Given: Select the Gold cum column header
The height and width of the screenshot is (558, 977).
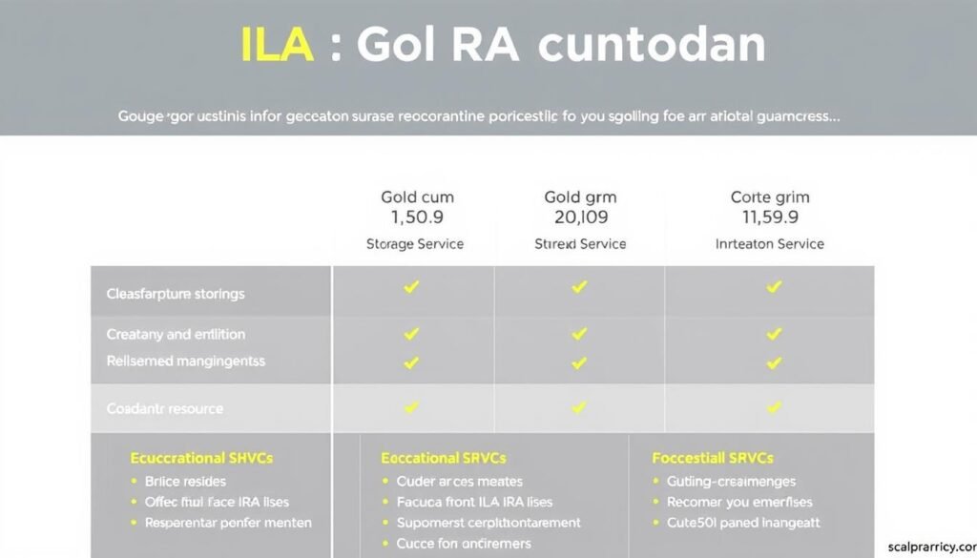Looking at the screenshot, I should pyautogui.click(x=417, y=197).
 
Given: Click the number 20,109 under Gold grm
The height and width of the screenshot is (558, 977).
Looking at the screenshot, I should pyautogui.click(x=580, y=217).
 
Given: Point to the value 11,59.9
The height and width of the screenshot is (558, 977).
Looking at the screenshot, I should pyautogui.click(x=769, y=217).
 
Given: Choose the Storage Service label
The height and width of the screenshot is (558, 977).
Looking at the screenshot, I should pyautogui.click(x=415, y=244).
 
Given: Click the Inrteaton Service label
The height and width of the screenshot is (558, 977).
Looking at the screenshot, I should pyautogui.click(x=769, y=244).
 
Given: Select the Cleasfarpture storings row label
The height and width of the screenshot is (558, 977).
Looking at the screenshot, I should pyautogui.click(x=176, y=294).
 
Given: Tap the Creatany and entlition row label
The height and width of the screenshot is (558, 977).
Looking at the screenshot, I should pyautogui.click(x=176, y=335).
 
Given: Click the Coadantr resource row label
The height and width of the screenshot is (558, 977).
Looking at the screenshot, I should pyautogui.click(x=164, y=409).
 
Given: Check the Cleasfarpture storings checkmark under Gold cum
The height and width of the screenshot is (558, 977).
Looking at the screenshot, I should pyautogui.click(x=411, y=287).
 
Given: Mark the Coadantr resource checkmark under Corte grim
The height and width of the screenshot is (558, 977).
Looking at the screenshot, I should pyautogui.click(x=775, y=407).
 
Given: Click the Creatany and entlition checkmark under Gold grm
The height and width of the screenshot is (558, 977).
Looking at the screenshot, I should pyautogui.click(x=579, y=334).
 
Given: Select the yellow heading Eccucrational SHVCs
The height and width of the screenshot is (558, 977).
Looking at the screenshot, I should pyautogui.click(x=204, y=458).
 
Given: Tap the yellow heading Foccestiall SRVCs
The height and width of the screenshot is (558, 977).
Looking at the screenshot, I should pyautogui.click(x=712, y=458).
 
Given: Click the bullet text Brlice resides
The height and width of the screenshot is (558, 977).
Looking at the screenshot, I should pyautogui.click(x=185, y=482).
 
